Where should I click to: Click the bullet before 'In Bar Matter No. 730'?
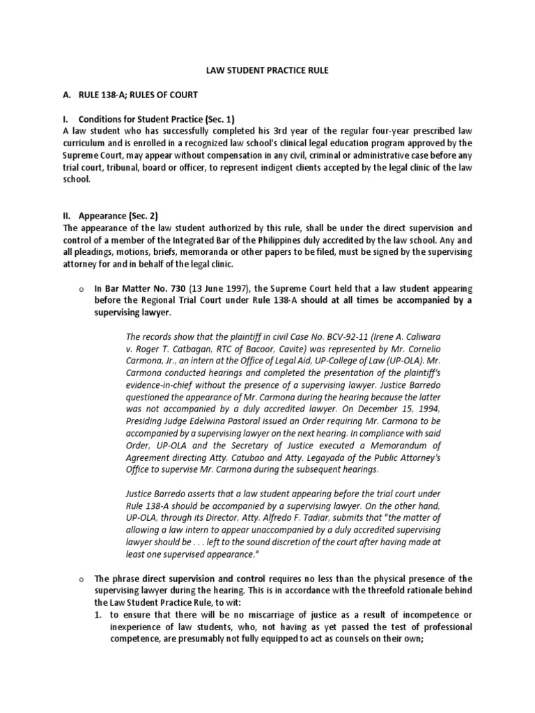82,288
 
